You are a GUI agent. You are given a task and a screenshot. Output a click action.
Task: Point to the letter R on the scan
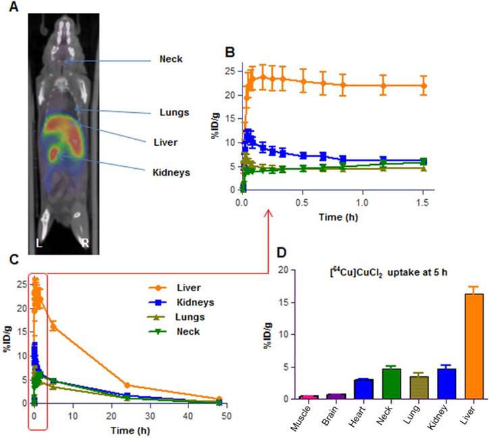tap(84, 242)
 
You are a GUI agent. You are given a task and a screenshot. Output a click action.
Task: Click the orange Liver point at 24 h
tap(128, 385)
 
